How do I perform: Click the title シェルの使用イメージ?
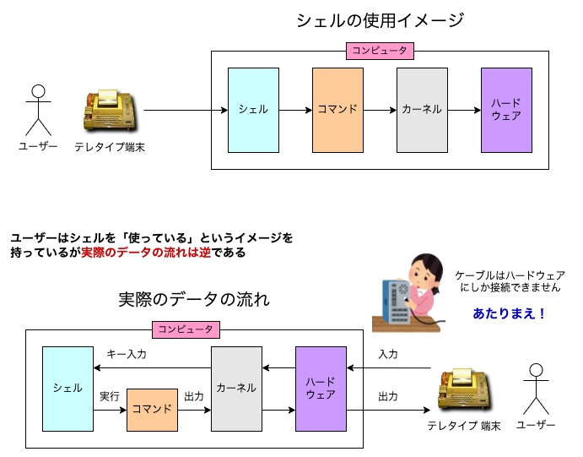click(380, 21)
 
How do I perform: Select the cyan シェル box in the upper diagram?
click(253, 110)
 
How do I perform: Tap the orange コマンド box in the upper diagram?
click(337, 110)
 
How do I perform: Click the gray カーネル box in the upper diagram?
click(422, 110)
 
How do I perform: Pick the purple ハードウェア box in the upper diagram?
click(506, 110)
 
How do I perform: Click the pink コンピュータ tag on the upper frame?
click(380, 51)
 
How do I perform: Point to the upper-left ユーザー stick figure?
click(38, 110)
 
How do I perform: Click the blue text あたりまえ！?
click(510, 313)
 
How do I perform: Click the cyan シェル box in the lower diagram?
click(67, 389)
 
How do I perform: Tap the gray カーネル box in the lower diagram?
click(236, 389)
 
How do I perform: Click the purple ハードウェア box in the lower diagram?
click(321, 389)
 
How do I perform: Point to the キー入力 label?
click(127, 355)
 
